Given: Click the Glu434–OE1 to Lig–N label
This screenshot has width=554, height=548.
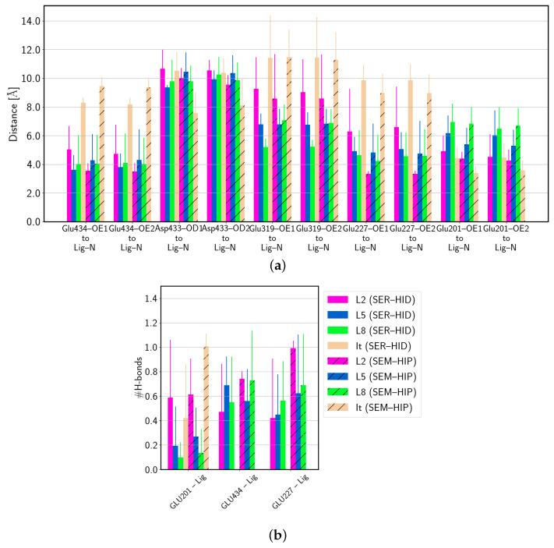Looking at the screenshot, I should coord(85,239).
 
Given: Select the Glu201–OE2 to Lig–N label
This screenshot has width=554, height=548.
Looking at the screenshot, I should coord(505,239).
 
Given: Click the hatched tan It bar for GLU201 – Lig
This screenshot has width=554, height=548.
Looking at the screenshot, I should coord(206,408).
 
